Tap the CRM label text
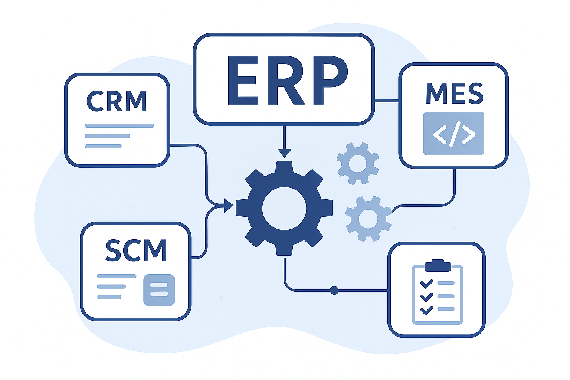tap(117, 101)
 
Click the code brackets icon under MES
tap(453, 133)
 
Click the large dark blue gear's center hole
tap(284, 208)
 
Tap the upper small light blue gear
tap(358, 163)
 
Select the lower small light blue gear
tap(368, 219)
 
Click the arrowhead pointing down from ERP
tap(284, 153)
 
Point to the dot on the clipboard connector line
tap(334, 290)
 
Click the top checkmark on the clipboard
tap(427, 284)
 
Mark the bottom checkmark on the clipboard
tap(427, 309)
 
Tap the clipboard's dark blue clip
tap(438, 265)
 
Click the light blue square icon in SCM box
tap(159, 290)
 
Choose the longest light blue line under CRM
tap(119, 126)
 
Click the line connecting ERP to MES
tap(386, 101)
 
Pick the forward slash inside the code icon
tap(453, 134)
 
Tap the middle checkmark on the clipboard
tap(427, 297)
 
